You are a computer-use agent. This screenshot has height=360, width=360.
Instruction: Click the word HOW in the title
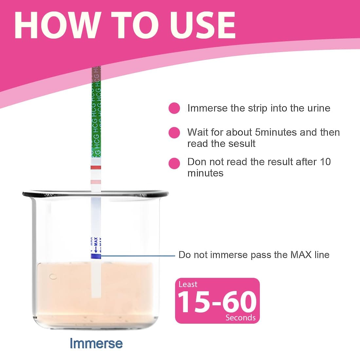[x=57, y=25]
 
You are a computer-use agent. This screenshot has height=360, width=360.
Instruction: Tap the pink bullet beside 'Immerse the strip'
[x=174, y=108]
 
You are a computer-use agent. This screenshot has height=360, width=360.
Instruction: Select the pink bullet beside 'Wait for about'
[x=174, y=133]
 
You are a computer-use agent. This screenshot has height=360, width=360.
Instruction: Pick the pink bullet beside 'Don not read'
[x=174, y=163]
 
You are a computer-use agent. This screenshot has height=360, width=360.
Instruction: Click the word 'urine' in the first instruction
[x=319, y=108]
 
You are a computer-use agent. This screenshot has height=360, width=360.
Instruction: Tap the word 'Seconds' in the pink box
[x=241, y=318]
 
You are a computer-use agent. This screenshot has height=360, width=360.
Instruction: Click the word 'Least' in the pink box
[x=188, y=284]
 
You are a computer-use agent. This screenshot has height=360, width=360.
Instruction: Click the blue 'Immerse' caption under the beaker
[x=96, y=343]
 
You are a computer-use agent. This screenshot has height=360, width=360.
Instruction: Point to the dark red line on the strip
[x=96, y=167]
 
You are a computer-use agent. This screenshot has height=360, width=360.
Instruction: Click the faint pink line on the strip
[x=96, y=182]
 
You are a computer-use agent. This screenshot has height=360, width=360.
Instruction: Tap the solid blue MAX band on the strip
[x=96, y=256]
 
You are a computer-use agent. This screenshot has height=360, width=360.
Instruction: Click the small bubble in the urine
[x=53, y=277]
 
